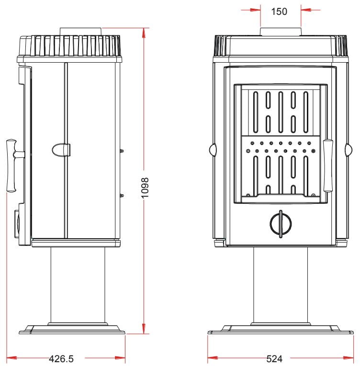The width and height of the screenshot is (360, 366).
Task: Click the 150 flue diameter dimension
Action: (x=279, y=11)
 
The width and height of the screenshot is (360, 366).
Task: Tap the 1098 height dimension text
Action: (x=145, y=188)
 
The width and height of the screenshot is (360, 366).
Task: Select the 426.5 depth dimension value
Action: (x=61, y=358)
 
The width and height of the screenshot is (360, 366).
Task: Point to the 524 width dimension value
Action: (x=274, y=358)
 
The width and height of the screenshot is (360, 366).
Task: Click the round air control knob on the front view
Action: (x=281, y=223)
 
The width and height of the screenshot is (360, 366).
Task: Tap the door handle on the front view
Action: (x=328, y=166)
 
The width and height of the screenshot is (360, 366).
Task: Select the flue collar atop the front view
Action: (x=281, y=32)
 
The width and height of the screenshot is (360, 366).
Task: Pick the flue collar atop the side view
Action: (x=81, y=32)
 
